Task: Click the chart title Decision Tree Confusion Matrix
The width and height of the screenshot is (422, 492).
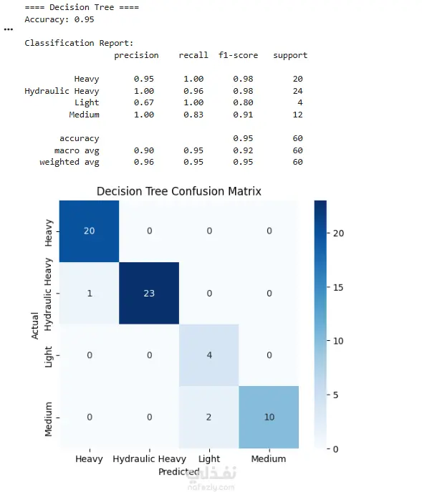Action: [x=178, y=191]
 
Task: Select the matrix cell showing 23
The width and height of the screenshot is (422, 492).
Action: [x=149, y=293]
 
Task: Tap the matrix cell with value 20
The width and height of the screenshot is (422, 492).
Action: [x=89, y=231]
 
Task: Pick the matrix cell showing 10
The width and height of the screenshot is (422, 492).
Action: [x=269, y=417]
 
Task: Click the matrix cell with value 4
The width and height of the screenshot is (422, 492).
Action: [x=209, y=355]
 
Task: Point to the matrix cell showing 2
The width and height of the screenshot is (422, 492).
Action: [x=209, y=417]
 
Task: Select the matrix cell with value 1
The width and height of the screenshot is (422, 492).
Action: [x=89, y=293]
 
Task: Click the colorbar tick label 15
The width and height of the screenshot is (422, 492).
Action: [x=338, y=287]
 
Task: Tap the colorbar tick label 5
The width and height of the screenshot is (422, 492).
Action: [x=335, y=395]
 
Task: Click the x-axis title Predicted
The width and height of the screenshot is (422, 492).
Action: [x=178, y=472]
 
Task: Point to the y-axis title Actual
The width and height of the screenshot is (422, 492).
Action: [x=34, y=325]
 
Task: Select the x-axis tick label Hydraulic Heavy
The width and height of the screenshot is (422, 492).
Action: [x=150, y=459]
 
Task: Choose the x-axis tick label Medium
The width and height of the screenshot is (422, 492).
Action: [x=269, y=459]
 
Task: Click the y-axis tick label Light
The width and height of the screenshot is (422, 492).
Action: [x=48, y=357]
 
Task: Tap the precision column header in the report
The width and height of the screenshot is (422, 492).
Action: [x=136, y=56]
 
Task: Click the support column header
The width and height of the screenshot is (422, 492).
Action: [x=290, y=56]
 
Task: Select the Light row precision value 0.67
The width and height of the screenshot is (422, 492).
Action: [x=144, y=102]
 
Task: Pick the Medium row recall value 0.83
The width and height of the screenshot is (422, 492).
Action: [x=193, y=115]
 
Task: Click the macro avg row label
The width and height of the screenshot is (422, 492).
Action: [x=77, y=150]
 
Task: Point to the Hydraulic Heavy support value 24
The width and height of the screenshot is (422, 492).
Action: [x=297, y=91]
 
